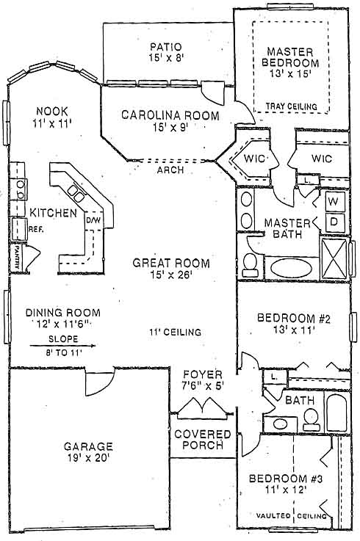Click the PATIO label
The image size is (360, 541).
pos(165,46)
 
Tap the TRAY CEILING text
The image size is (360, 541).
pos(291,106)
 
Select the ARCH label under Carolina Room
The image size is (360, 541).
pos(170,170)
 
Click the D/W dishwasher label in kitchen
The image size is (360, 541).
pos(93,220)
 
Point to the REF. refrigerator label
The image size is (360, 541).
pos(36,229)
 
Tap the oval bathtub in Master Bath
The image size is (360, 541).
pos(291,268)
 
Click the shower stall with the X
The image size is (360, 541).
pos(334,258)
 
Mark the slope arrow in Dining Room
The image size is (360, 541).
pos(63,345)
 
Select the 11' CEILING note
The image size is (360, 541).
pos(175,333)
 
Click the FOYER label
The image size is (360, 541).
pos(203,374)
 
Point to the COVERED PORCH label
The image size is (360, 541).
pos(203,440)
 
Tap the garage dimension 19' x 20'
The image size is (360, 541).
pos(88,458)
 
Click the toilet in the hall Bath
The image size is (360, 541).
pos(311,420)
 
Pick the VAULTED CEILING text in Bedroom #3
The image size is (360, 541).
pos(291,516)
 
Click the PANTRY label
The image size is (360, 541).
pos(16,257)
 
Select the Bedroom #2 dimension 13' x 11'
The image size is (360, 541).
pos(294,330)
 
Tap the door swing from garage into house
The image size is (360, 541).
pos(99,382)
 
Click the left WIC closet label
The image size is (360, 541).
pos(254,159)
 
